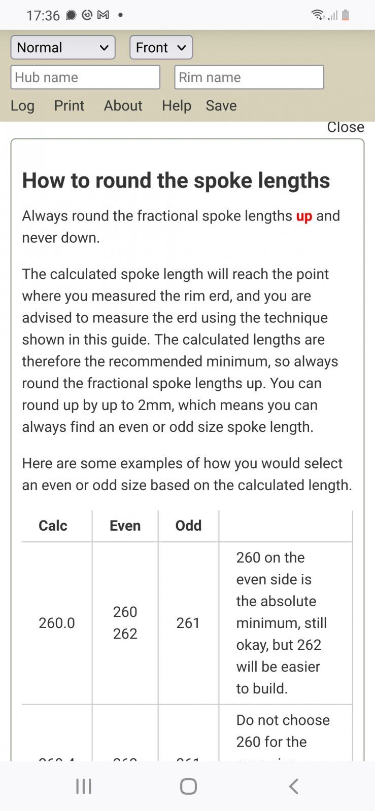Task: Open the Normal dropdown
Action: [62, 48]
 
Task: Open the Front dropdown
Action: [161, 48]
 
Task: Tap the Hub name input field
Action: [85, 78]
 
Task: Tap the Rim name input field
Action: [249, 78]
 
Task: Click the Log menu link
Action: [23, 105]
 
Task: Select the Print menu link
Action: [69, 105]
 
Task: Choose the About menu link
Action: [123, 105]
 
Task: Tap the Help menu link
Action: [177, 105]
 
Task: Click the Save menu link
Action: [221, 105]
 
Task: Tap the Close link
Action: [345, 127]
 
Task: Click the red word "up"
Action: [304, 216]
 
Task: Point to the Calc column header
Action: [53, 526]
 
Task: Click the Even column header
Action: [125, 526]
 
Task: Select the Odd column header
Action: [188, 526]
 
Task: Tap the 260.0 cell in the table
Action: [56, 623]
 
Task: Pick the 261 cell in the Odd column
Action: [188, 623]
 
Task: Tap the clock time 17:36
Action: [43, 16]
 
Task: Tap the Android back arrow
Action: [293, 786]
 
